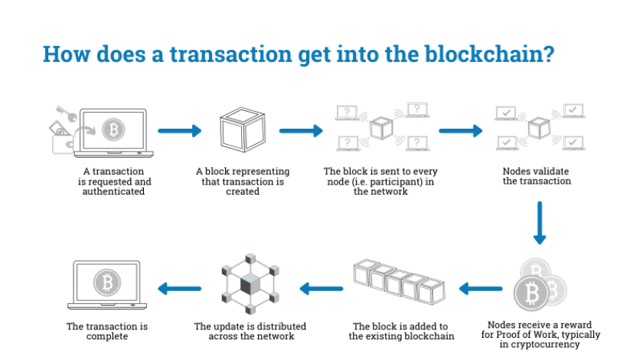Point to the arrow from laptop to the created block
[179, 131]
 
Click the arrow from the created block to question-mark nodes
[301, 131]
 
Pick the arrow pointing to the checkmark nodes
[461, 131]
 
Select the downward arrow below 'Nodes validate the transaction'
[540, 222]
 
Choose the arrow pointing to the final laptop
[179, 289]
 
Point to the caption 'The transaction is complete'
[107, 332]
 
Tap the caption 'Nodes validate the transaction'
[537, 176]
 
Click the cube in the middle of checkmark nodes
[538, 129]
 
